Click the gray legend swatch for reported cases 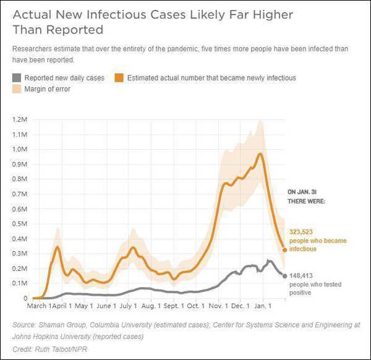pyautogui.click(x=16, y=78)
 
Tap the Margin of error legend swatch pyautogui.click(x=16, y=89)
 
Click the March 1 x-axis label pyautogui.click(x=38, y=306)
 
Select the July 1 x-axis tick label pyautogui.click(x=129, y=306)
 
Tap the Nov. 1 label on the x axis pyautogui.click(x=218, y=306)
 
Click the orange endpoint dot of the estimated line pyautogui.click(x=284, y=250)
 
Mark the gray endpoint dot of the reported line pyautogui.click(x=284, y=276)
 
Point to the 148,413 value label pyautogui.click(x=302, y=275)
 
